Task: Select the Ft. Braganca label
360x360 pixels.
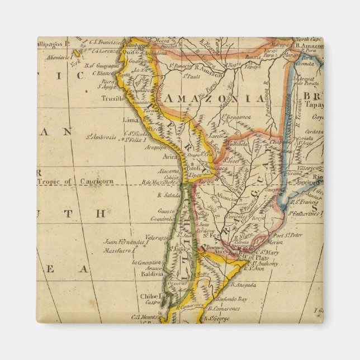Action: click(234, 116)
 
